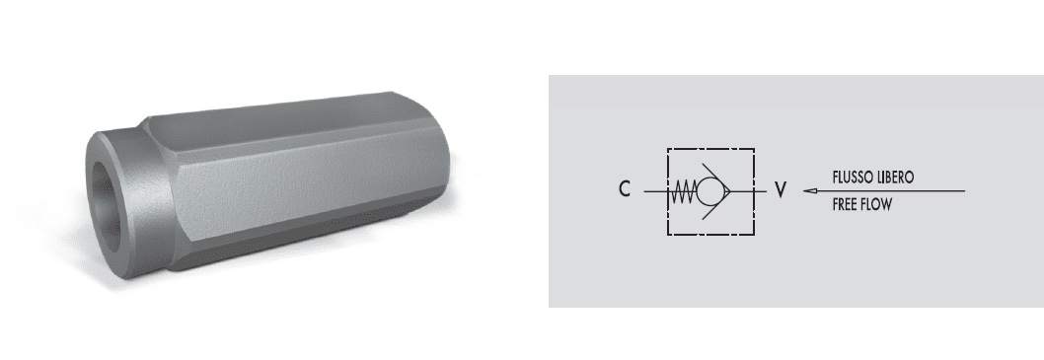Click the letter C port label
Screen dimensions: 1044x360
click(624, 189)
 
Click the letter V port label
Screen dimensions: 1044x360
click(781, 190)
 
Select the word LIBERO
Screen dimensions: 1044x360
click(894, 178)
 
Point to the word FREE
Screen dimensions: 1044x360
click(844, 205)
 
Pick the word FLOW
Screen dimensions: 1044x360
click(876, 205)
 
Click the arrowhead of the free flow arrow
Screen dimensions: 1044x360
click(809, 191)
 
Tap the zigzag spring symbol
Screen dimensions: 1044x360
click(683, 191)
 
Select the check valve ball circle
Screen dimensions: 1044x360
click(709, 191)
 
